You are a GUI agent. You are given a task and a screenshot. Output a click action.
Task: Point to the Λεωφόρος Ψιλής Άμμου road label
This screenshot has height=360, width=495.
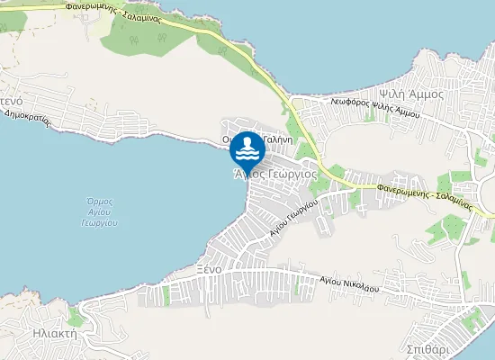[x=374, y=107]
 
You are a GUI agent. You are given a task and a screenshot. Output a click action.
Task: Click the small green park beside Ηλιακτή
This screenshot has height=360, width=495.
[x=76, y=317]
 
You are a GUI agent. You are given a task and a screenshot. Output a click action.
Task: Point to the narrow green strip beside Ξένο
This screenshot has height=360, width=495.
[x=166, y=295]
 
